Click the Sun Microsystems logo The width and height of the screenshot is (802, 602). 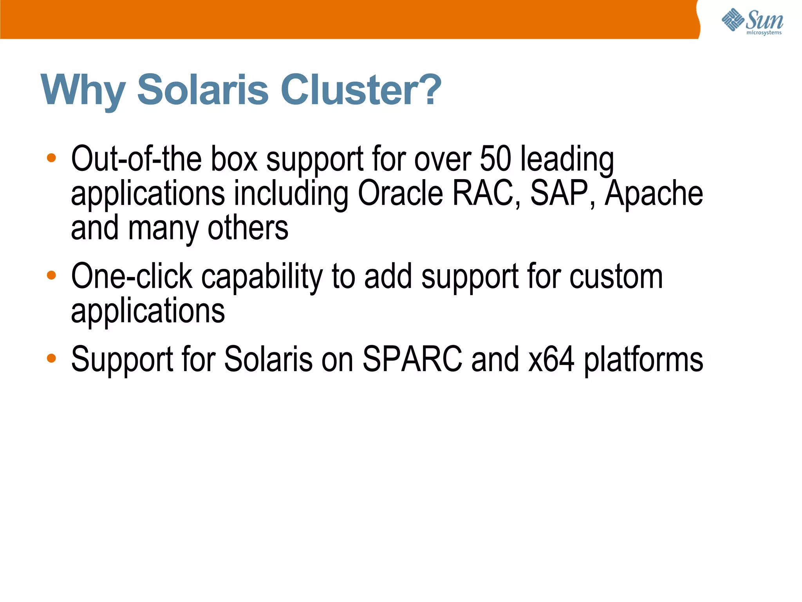click(x=752, y=21)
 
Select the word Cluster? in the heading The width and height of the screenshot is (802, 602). click(x=361, y=90)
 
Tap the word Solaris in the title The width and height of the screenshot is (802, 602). click(x=203, y=90)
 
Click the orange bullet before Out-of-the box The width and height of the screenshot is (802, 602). click(x=51, y=158)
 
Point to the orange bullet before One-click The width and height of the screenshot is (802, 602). click(x=51, y=275)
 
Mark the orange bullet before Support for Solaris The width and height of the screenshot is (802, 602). click(x=51, y=358)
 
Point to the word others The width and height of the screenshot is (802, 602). click(x=248, y=228)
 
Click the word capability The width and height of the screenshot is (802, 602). click(x=262, y=277)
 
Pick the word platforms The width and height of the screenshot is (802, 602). click(x=643, y=360)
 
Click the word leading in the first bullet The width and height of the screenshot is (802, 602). click(x=567, y=160)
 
